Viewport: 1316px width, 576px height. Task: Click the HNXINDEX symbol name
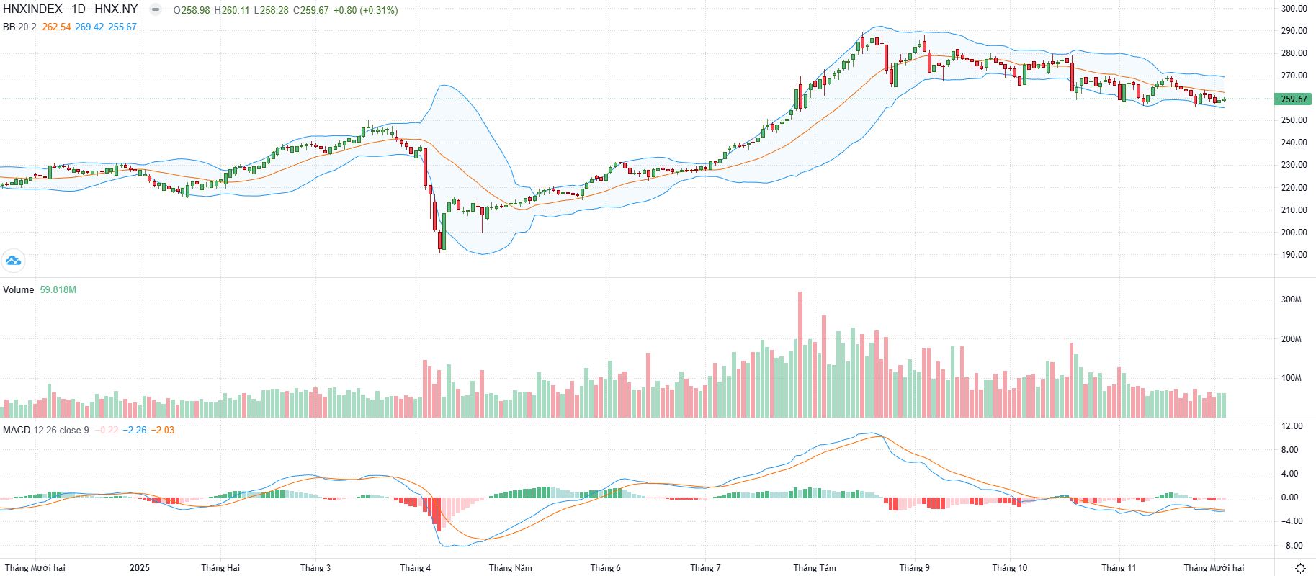point(32,9)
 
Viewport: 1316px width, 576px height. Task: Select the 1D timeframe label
point(79,9)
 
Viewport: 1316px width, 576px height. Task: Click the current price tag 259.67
point(1294,99)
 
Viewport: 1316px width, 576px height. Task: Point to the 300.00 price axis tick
point(1294,9)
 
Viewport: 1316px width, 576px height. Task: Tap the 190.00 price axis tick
point(1294,255)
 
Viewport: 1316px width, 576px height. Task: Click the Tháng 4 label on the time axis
point(416,568)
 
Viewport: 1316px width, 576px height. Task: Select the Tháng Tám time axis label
point(815,568)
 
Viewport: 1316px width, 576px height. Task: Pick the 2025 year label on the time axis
point(140,568)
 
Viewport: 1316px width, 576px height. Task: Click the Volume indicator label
point(19,290)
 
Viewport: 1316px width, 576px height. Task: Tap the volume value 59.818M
point(58,290)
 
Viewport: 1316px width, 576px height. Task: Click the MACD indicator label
point(17,431)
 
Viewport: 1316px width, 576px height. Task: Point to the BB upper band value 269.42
point(89,27)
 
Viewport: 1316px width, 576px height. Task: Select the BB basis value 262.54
point(56,27)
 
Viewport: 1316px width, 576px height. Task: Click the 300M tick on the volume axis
point(1291,300)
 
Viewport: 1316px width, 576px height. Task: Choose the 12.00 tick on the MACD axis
point(1292,426)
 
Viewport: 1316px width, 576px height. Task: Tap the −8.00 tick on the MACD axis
point(1291,546)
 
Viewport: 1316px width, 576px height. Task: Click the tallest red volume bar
point(800,354)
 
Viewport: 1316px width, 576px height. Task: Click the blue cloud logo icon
point(13,261)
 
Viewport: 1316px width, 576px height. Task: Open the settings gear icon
point(1300,568)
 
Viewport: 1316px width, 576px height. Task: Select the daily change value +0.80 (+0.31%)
point(365,11)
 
